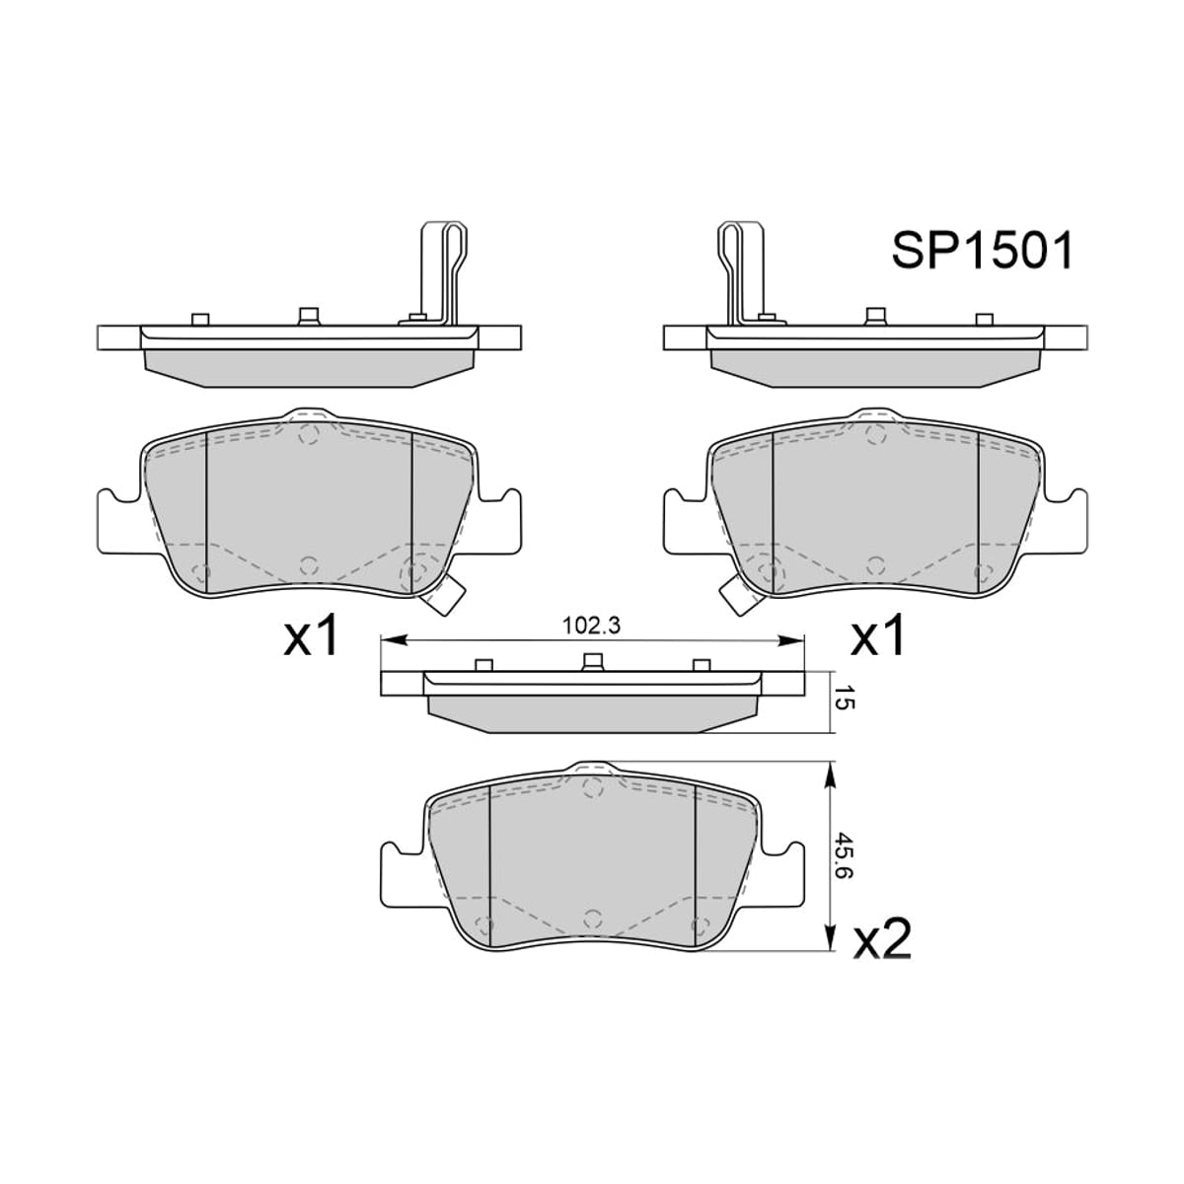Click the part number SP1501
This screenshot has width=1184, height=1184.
(982, 250)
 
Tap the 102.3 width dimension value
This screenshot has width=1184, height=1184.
(592, 626)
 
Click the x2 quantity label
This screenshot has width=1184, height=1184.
(881, 939)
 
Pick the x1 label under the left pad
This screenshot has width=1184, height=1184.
(311, 635)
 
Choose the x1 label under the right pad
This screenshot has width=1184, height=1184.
(877, 635)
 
